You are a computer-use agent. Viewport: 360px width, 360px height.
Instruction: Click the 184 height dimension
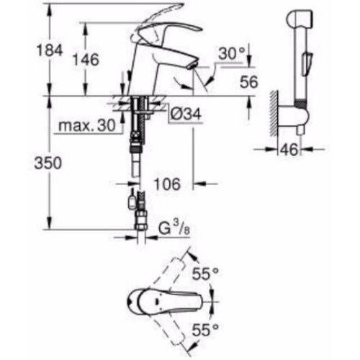tap(49, 50)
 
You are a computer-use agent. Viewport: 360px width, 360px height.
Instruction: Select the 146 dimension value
tap(86, 60)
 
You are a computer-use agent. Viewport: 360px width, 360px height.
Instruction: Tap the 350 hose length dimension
tap(48, 163)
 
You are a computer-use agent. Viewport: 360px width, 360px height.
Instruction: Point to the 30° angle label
tap(232, 53)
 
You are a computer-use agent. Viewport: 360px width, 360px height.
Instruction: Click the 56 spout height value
tap(249, 82)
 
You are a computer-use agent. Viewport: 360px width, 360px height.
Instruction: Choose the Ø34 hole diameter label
tap(186, 114)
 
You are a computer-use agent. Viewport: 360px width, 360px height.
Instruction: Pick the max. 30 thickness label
tap(87, 125)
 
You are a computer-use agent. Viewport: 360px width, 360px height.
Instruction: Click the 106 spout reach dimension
tap(167, 184)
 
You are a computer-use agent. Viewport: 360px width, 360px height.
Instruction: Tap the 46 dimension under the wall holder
tap(289, 149)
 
